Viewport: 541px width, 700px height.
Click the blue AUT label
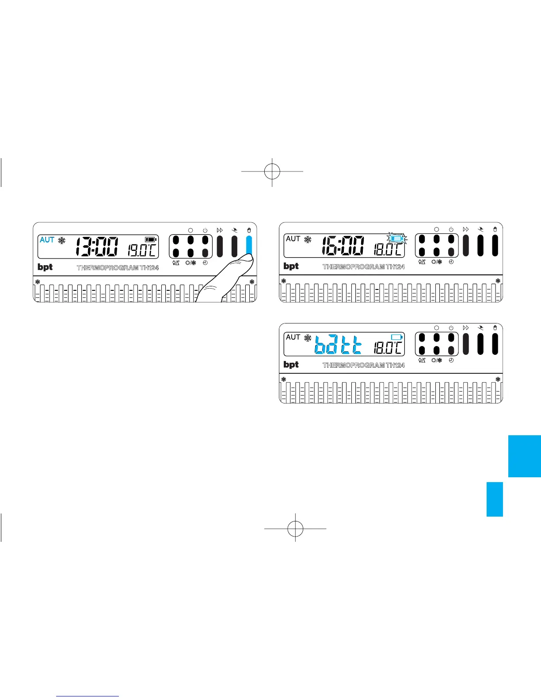point(47,240)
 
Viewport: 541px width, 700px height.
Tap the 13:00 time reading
point(96,247)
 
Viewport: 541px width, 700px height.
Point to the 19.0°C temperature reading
point(141,250)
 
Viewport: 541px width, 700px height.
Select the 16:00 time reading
point(343,246)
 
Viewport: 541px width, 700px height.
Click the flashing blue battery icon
point(396,239)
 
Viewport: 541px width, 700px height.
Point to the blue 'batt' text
point(338,344)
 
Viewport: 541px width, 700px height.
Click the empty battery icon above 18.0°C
point(396,337)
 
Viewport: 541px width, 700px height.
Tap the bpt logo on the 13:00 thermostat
point(45,267)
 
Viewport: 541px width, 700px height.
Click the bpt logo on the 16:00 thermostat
point(291,266)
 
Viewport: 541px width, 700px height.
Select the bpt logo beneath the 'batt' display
point(291,365)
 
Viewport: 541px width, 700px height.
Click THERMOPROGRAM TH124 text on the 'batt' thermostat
point(363,365)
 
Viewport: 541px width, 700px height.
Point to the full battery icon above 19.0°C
point(151,240)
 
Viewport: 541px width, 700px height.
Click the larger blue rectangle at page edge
point(524,456)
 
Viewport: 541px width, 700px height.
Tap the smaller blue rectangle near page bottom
point(495,499)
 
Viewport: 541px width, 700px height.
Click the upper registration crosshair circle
point(272,171)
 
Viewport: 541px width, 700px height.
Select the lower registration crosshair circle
point(295,528)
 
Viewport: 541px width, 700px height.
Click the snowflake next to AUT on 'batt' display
point(308,338)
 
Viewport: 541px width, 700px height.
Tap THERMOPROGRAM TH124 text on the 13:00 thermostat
point(118,268)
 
